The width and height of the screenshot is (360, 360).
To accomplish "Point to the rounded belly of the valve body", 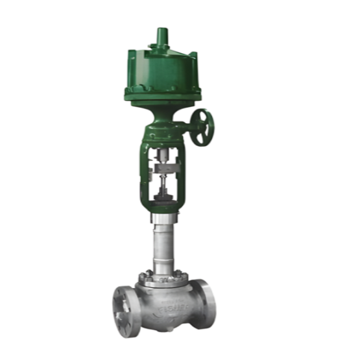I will tap(165, 311).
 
